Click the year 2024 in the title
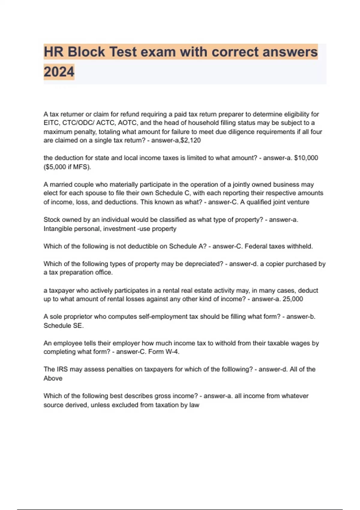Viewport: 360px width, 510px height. click(59, 72)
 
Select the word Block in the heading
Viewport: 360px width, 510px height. click(86, 52)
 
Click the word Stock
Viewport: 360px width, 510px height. click(52, 220)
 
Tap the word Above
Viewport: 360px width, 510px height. click(53, 378)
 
